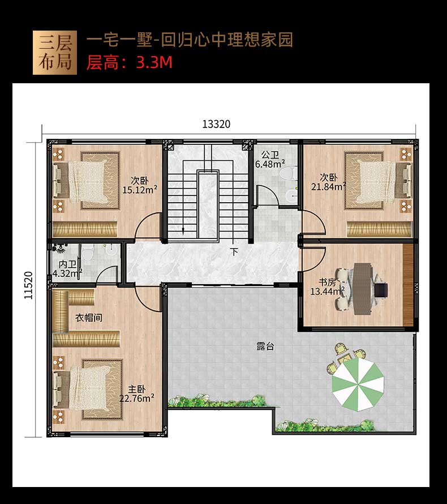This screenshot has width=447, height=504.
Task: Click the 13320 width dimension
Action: [x=216, y=124]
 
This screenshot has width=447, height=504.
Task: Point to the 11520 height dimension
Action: [x=29, y=285]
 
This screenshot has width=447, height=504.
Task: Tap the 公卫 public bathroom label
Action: [x=270, y=155]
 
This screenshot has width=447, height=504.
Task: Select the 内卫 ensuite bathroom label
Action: [x=67, y=264]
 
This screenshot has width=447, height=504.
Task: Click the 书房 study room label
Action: [x=327, y=282]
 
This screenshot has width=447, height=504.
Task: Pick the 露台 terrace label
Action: [x=265, y=346]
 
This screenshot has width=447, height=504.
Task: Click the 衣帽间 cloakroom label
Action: [x=89, y=318]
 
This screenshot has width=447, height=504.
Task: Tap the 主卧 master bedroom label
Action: [x=137, y=389]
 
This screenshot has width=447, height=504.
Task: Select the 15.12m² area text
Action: [x=140, y=190]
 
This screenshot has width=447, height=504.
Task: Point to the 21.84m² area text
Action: [x=329, y=186]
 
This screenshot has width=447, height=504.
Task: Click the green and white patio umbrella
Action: [x=358, y=385]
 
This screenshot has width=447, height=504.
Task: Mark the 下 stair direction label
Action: [x=234, y=251]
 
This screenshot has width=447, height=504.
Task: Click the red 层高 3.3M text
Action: [x=129, y=62]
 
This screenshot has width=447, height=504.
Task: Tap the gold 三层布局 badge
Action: [x=55, y=53]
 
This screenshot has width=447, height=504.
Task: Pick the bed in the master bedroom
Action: [x=87, y=390]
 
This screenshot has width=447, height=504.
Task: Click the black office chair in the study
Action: [x=381, y=289]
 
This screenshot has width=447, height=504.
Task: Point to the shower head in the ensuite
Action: [x=59, y=249]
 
